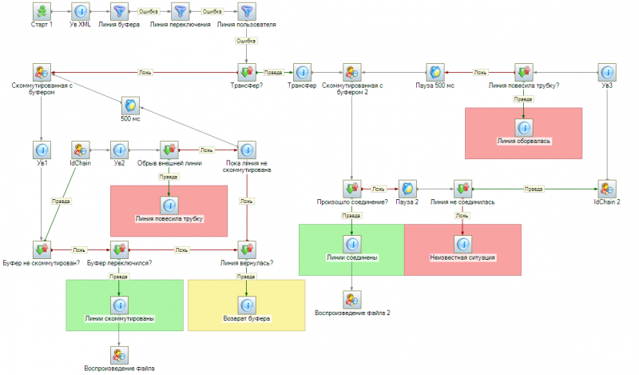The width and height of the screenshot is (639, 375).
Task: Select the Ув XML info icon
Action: click(81, 12)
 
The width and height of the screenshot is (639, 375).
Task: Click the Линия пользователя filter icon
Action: click(247, 12)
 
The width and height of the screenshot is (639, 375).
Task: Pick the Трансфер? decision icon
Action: click(247, 73)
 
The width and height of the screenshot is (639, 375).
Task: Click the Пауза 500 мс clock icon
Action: click(435, 73)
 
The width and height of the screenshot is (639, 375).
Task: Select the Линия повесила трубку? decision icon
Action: click(524, 73)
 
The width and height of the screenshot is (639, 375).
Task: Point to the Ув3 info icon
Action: click(609, 73)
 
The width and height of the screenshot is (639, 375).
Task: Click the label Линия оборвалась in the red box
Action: click(524, 141)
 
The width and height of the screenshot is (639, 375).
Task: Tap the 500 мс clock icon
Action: click(130, 106)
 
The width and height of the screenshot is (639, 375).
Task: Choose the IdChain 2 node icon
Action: click(609, 189)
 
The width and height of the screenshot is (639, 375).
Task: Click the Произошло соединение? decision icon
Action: click(352, 189)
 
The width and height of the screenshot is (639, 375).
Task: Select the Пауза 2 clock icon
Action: click(408, 189)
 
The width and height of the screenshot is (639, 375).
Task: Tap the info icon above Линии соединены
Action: click(352, 243)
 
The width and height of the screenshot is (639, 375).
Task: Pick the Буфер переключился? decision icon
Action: click(119, 249)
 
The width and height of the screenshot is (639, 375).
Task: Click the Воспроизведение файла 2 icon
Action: click(352, 299)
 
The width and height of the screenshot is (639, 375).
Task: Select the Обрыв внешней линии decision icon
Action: click(169, 150)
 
